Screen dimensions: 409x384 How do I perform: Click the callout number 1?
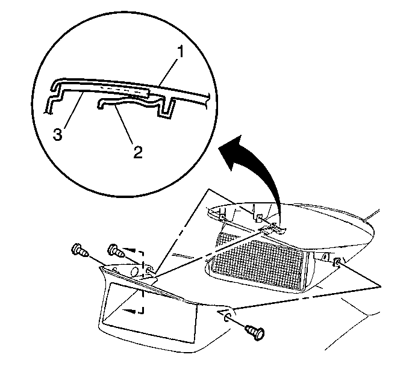click(180, 52)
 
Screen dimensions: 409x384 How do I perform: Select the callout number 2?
click(138, 152)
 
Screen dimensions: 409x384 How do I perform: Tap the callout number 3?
click(58, 134)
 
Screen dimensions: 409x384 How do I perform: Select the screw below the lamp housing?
click(255, 332)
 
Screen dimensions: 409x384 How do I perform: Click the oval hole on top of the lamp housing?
click(134, 272)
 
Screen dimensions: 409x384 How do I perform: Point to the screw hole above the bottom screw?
click(226, 317)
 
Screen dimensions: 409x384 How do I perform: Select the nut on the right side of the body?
click(337, 262)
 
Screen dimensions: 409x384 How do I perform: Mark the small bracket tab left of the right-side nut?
click(325, 257)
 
